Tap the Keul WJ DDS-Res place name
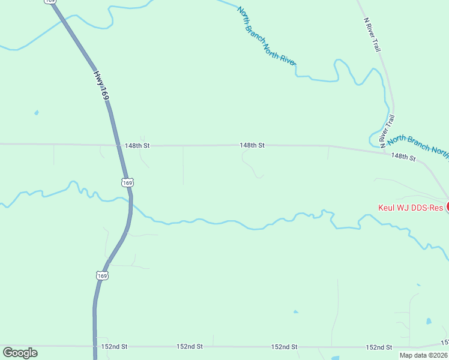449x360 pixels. [x=411, y=208]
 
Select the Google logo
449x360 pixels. [x=20, y=353]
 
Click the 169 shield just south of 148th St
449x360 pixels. [x=127, y=182]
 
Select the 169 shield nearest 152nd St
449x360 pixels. [x=103, y=275]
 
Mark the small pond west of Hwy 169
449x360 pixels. [x=37, y=112]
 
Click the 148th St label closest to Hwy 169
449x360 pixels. [x=137, y=145]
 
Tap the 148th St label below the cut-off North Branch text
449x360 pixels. [x=403, y=157]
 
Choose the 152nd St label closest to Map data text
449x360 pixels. [x=379, y=347]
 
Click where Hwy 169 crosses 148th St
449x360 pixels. [x=118, y=145]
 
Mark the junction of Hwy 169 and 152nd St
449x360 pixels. [x=95, y=346]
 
